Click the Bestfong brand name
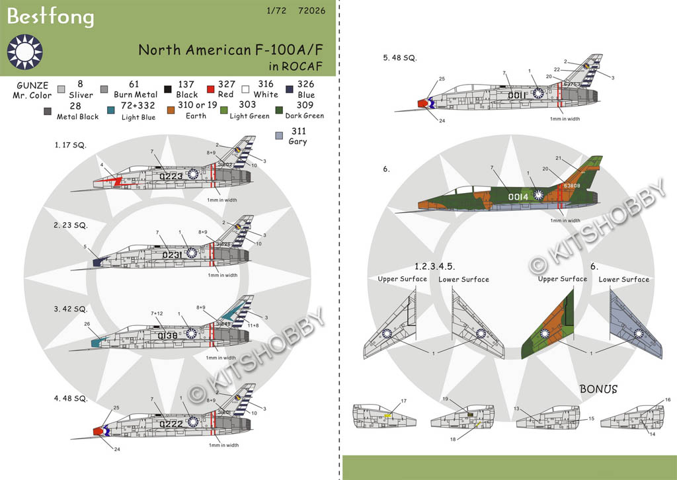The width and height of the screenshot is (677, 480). coord(50,18)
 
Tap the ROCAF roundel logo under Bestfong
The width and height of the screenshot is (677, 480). coord(24,53)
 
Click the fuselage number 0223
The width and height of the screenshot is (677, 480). coord(171,176)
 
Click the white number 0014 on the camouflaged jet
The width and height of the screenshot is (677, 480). coord(517,196)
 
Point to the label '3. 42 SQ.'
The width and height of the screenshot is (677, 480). coord(71,309)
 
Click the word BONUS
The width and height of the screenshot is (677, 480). coord(598,389)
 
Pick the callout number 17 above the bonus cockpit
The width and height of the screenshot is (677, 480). coord(403,401)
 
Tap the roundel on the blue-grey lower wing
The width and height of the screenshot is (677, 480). coord(639,334)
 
